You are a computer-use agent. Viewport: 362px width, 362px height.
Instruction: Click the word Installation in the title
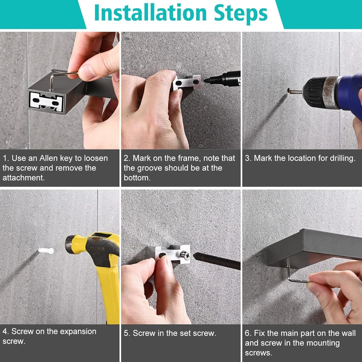coord(150,12)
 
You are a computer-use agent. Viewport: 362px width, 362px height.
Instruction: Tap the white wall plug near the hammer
coord(46,251)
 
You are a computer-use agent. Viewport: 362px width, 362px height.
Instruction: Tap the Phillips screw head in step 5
coord(185,255)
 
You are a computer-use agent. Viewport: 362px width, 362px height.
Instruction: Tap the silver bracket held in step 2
coord(187,82)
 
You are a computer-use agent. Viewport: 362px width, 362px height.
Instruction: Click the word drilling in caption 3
coord(343,158)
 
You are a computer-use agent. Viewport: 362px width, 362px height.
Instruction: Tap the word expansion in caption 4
coord(78,331)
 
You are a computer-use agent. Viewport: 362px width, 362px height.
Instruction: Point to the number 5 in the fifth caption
coord(126,333)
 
